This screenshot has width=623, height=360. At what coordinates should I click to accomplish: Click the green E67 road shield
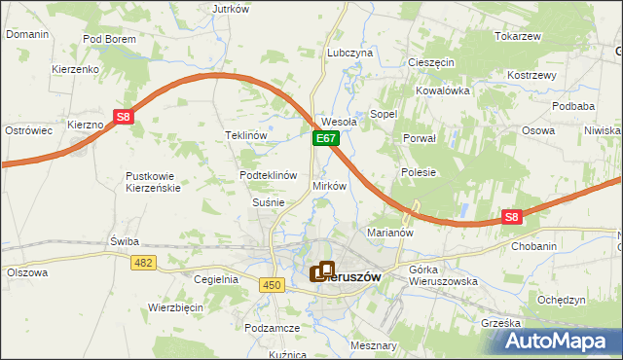click(x=325, y=140)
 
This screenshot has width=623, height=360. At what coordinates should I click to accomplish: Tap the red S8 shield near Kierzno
click(x=123, y=117)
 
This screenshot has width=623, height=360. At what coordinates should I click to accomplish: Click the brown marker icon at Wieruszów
click(x=322, y=272)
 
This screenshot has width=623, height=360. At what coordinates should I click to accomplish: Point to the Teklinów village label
click(x=245, y=135)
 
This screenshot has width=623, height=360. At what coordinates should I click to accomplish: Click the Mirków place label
click(x=329, y=185)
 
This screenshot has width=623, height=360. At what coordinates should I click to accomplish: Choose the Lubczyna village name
click(x=350, y=53)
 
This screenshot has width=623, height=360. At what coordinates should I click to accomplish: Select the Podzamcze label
click(x=272, y=329)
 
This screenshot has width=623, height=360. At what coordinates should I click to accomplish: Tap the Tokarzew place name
click(x=517, y=36)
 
